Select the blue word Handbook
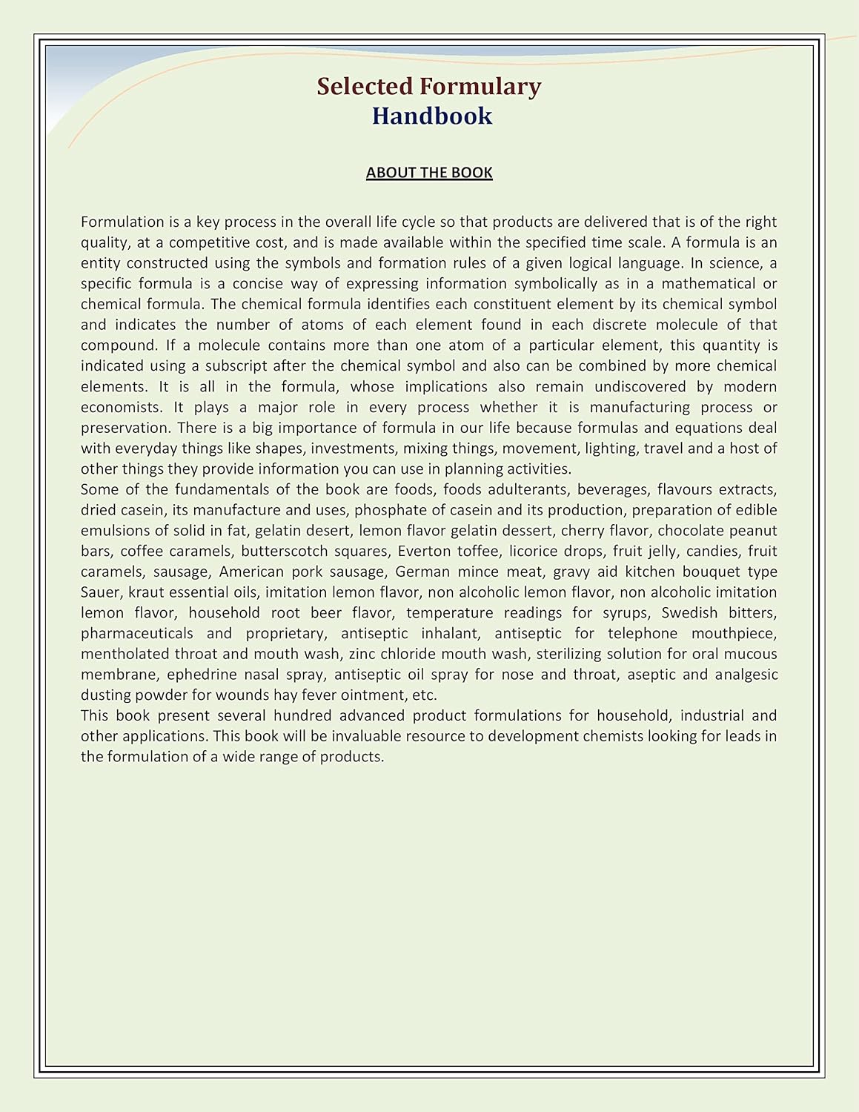click(x=431, y=116)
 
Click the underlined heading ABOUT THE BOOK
click(x=429, y=173)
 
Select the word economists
click(x=121, y=407)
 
